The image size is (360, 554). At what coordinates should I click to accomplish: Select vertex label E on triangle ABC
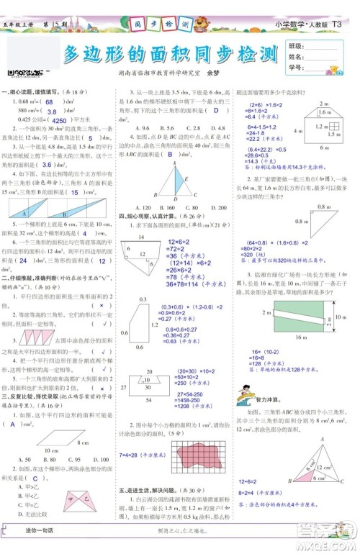186,178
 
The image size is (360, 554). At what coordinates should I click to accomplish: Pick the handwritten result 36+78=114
190,286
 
